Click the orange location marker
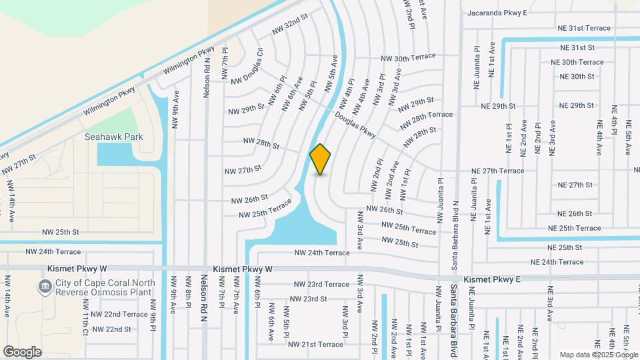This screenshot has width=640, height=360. pos(321,159)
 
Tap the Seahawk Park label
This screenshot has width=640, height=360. pos(114,137)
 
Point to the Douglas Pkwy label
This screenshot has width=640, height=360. pos(355,125)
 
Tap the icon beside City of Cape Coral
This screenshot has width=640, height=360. pos(45,287)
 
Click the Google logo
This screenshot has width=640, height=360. pos(22,351)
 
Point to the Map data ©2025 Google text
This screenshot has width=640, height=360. pos(599,355)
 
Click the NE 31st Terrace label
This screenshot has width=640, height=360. pos(585,28)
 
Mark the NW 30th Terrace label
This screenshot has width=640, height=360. pos(408,59)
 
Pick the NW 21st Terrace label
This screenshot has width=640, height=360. pos(315,344)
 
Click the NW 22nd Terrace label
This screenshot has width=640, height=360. pos(119,314)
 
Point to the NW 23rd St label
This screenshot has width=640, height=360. pos(309,299)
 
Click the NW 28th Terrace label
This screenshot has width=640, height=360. pos(427,120)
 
